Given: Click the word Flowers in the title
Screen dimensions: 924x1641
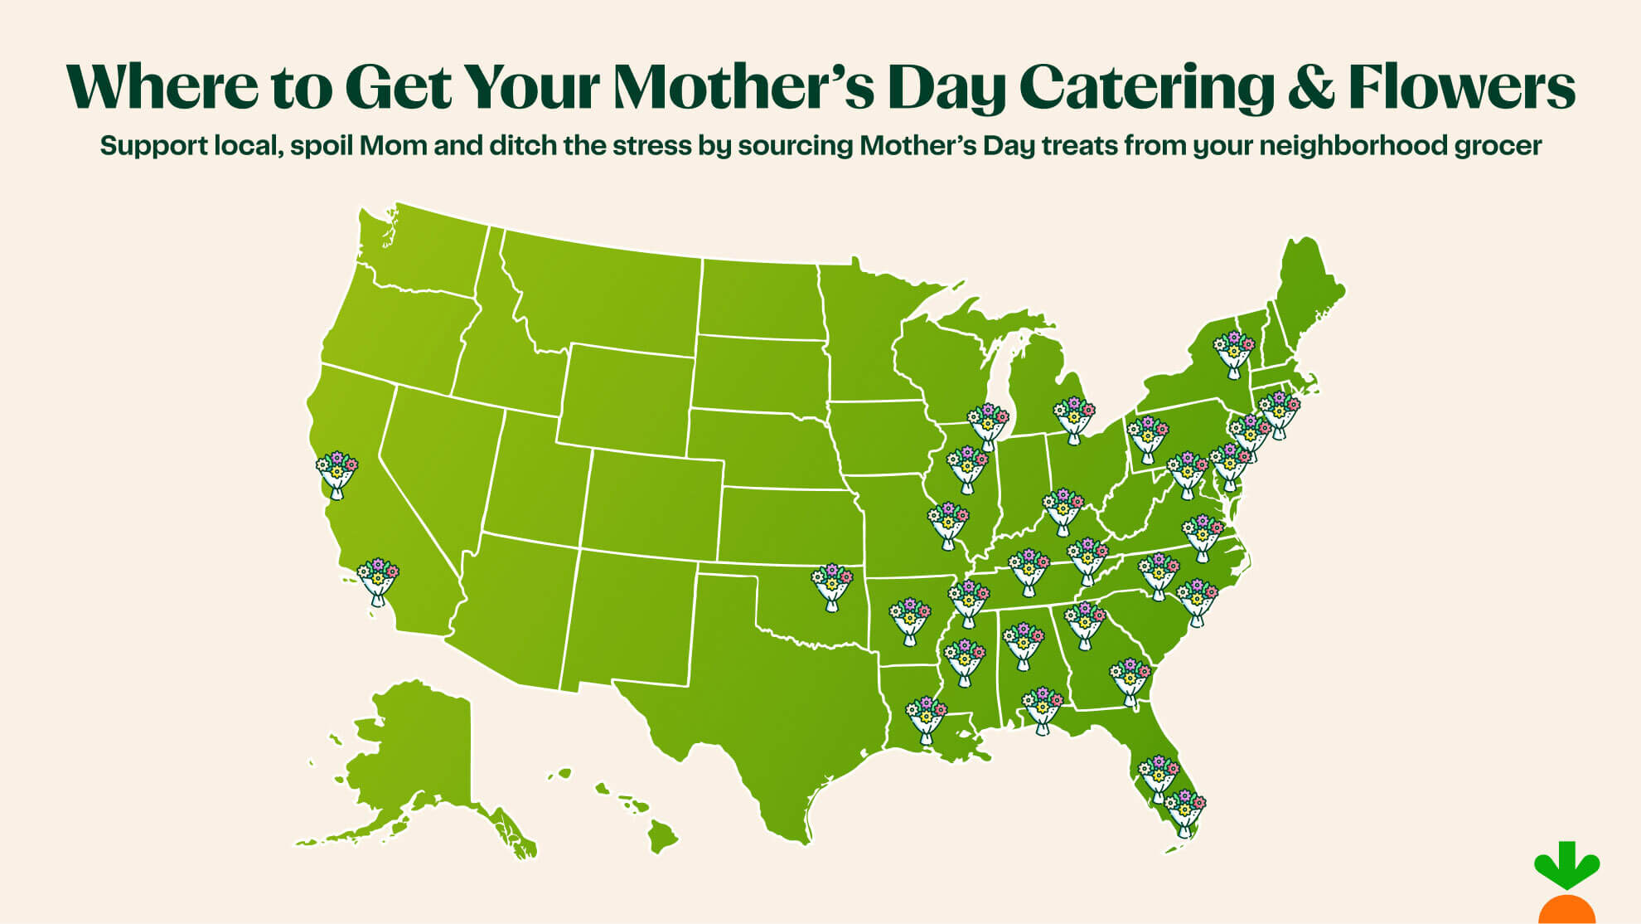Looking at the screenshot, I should pyautogui.click(x=1461, y=86).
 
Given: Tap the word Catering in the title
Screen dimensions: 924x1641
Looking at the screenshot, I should pyautogui.click(x=1146, y=86).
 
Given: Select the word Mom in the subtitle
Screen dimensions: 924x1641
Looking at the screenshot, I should pyautogui.click(x=394, y=146).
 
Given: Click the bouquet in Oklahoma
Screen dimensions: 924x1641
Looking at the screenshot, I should pyautogui.click(x=831, y=586).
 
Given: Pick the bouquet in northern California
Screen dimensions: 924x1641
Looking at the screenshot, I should pyautogui.click(x=336, y=474).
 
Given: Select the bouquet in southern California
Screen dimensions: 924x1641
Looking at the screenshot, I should pyautogui.click(x=378, y=581).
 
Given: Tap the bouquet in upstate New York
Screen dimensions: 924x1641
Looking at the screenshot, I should pyautogui.click(x=1234, y=353).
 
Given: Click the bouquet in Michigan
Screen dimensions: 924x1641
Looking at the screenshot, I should pyautogui.click(x=1074, y=420).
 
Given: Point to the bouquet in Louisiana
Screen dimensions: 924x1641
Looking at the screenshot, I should pyautogui.click(x=927, y=719).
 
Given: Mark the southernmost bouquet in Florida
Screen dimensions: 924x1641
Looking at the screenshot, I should pyautogui.click(x=1185, y=811).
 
